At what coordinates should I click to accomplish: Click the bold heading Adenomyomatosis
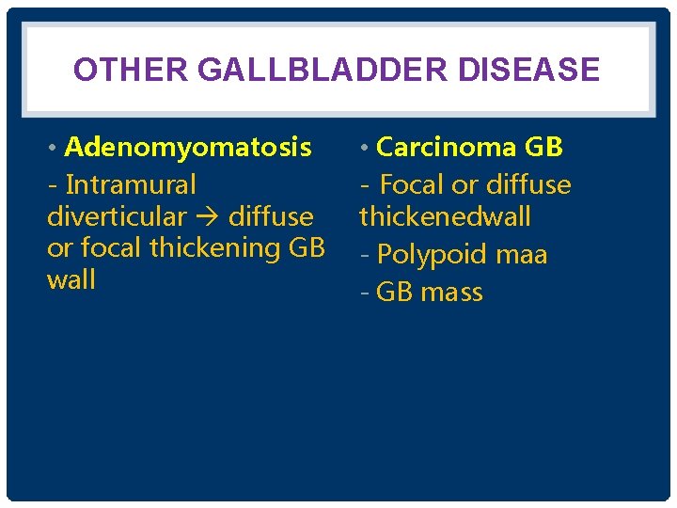pos(188,148)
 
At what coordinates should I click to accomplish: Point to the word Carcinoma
pos(446,148)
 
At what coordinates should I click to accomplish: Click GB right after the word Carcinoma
pos(543,148)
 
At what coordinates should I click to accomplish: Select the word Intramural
pos(131,184)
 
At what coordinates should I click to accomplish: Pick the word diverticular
pos(117,216)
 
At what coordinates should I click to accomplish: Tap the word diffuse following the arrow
pos(271,216)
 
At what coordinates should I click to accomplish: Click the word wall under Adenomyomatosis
pos(71,280)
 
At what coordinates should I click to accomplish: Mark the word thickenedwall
pos(445,216)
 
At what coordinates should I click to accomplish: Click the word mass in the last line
pos(451,293)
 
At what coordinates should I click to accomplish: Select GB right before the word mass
pos(395,293)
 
